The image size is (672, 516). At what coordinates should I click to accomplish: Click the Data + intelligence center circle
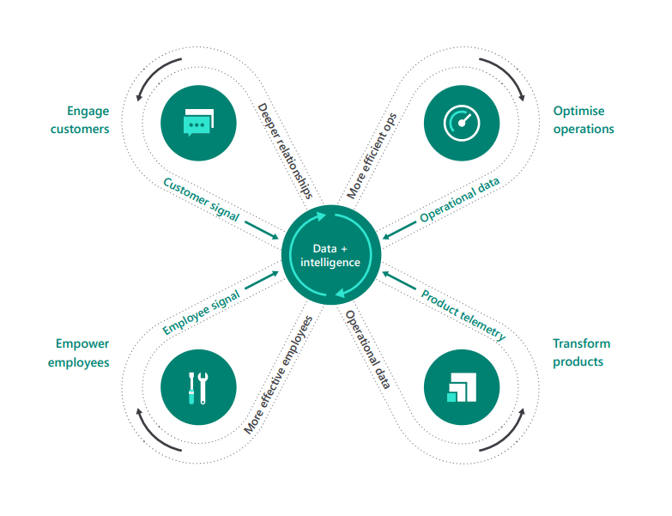pos(331,255)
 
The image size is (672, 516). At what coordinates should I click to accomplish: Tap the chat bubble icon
pos(198,123)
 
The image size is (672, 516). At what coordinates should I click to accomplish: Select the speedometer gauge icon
pos(462,123)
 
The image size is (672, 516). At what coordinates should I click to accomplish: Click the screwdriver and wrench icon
pos(198,388)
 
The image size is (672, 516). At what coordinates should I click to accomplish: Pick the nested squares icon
pos(462,387)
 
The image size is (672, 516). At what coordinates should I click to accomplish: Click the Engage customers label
pos(80,120)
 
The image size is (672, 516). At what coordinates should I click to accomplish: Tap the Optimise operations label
pos(584,120)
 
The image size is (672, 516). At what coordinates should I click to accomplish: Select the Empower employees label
pos(79,353)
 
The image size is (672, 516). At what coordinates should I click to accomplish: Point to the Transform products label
pos(581,353)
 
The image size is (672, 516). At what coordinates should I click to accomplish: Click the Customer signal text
pos(201,199)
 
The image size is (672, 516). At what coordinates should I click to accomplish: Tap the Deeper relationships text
pos(285,151)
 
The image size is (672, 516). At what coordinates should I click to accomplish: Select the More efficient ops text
pos(372,156)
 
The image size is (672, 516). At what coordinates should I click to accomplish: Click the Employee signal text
pos(201,312)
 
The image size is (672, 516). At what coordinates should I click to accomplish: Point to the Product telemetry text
pos(463,314)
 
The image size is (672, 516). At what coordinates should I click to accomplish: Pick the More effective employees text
pos(278,375)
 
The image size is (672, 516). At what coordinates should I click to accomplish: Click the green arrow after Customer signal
pos(262,230)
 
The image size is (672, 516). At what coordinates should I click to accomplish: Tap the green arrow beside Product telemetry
pos(399,280)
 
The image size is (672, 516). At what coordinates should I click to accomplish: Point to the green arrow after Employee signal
pos(262,280)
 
